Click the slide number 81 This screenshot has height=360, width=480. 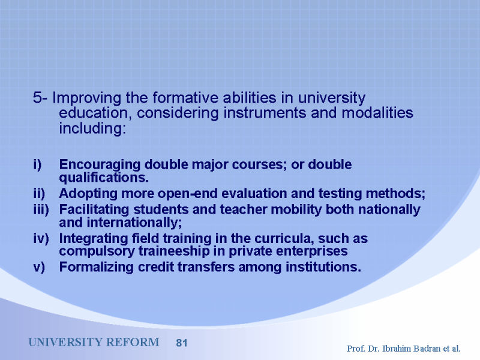182,343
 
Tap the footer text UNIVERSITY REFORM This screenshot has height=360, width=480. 94,342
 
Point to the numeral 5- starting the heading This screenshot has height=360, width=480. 40,98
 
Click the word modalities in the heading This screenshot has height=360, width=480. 377,113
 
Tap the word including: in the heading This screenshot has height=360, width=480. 92,128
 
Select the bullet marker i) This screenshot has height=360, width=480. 37,164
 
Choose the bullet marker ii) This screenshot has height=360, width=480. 39,194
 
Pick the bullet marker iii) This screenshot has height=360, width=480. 41,209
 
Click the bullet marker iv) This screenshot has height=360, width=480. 41,238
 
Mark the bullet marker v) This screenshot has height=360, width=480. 39,267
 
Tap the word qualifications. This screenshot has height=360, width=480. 104,178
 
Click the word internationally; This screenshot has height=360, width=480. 134,223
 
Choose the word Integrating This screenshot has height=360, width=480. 94,239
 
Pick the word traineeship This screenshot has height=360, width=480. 174,251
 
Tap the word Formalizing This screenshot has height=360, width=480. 96,267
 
